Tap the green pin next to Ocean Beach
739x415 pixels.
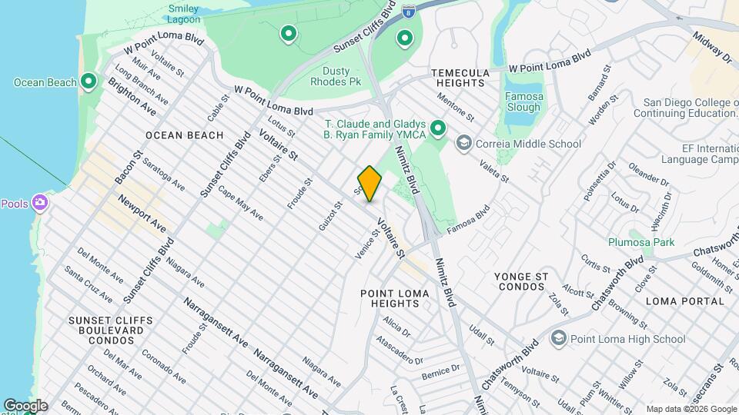click(x=89, y=81)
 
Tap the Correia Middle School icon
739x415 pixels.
click(x=464, y=143)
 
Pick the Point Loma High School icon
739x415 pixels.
click(x=559, y=338)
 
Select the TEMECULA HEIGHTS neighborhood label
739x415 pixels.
click(x=460, y=78)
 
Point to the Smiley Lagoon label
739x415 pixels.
click(x=184, y=14)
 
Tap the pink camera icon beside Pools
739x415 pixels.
click(x=39, y=204)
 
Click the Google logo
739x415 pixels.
click(x=25, y=405)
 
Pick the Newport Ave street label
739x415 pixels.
click(x=142, y=214)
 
